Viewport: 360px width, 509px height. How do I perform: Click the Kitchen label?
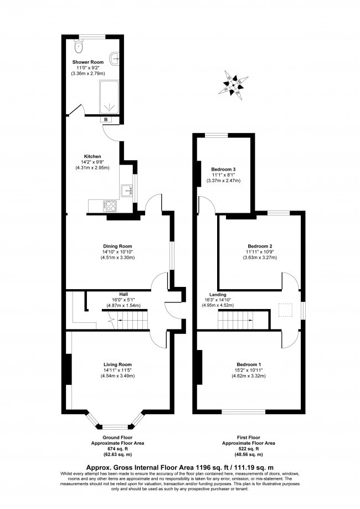click(92, 156)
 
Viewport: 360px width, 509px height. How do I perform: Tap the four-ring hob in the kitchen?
click(110, 205)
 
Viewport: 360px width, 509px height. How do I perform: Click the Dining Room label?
click(117, 246)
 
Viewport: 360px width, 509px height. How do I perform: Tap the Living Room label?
click(116, 364)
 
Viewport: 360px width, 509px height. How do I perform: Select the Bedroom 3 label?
click(223, 169)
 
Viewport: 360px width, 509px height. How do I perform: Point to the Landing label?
click(217, 295)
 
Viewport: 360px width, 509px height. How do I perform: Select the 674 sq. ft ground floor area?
click(117, 450)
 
